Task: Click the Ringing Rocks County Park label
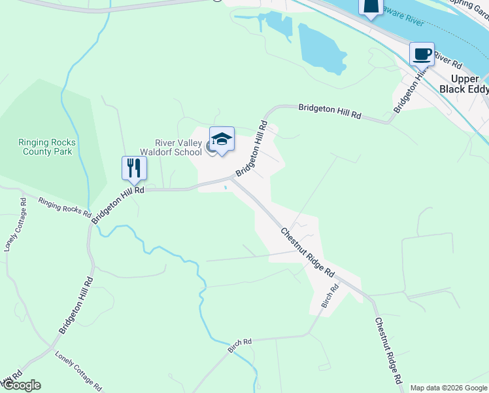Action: tap(47, 146)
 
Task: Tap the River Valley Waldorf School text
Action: tap(178, 148)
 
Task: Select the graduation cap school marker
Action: tap(222, 139)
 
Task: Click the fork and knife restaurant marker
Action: tap(134, 168)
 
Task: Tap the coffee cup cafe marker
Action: tap(422, 54)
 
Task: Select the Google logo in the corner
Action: tap(21, 385)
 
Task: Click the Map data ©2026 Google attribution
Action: tap(448, 388)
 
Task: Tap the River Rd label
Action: tap(448, 62)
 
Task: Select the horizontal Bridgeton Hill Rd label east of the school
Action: tap(329, 111)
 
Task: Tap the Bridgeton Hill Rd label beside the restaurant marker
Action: tap(118, 204)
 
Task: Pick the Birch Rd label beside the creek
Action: tap(240, 346)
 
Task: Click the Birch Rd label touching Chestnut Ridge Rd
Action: tap(330, 296)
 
